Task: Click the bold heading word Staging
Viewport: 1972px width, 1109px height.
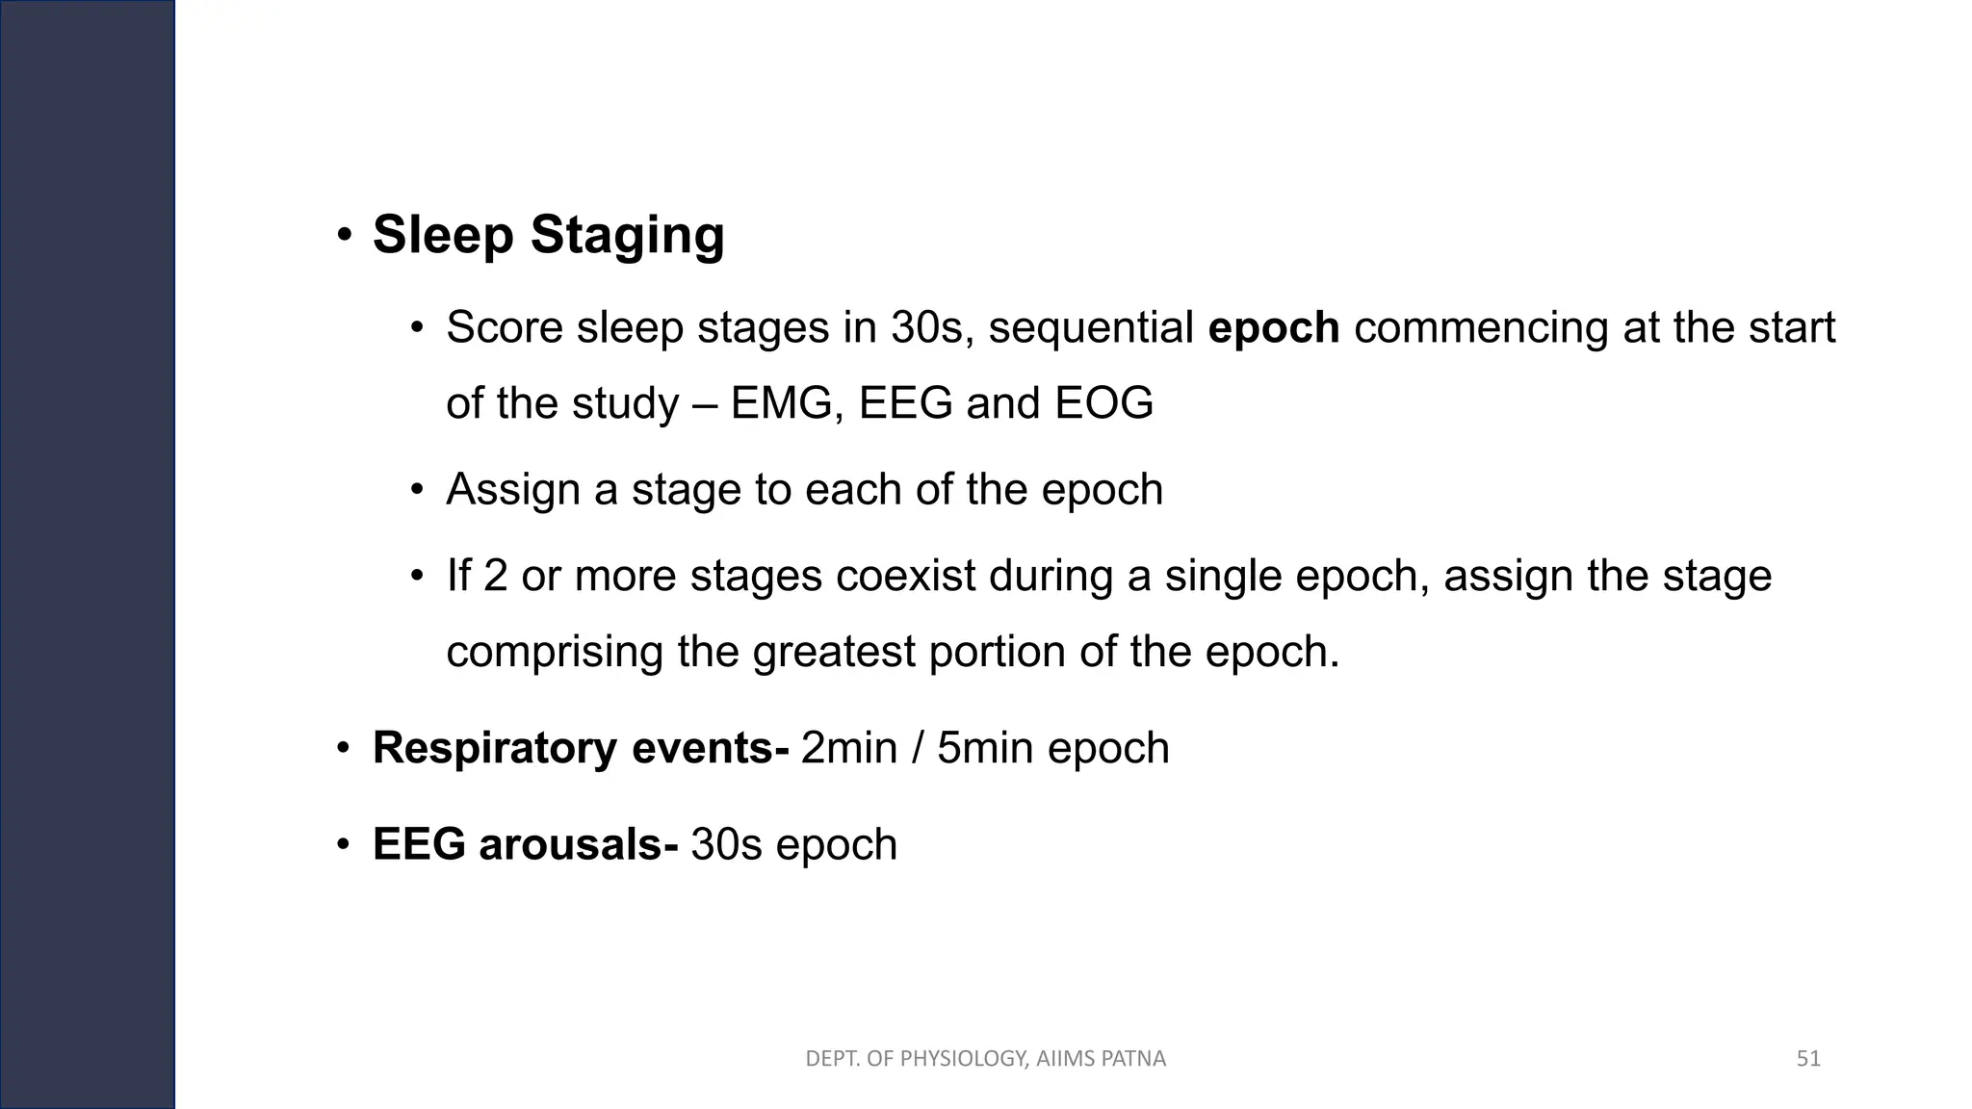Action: click(x=627, y=236)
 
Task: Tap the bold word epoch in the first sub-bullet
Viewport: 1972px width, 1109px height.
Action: click(x=1273, y=328)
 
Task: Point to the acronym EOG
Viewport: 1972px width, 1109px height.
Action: click(x=1103, y=403)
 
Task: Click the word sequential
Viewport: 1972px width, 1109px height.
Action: click(x=1091, y=328)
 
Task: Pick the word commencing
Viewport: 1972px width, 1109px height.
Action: click(x=1481, y=328)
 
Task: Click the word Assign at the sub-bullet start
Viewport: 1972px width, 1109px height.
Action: click(x=512, y=490)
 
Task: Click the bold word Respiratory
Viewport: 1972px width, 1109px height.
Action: click(x=494, y=748)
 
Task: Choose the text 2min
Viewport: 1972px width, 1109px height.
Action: click(x=848, y=748)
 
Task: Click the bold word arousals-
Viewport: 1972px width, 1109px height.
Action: click(x=579, y=844)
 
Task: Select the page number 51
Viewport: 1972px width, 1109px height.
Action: click(x=1808, y=1059)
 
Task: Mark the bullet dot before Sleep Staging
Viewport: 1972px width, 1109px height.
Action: click(x=343, y=236)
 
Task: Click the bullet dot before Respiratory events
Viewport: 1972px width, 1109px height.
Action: click(x=343, y=748)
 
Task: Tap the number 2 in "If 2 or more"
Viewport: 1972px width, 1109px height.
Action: click(x=495, y=577)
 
